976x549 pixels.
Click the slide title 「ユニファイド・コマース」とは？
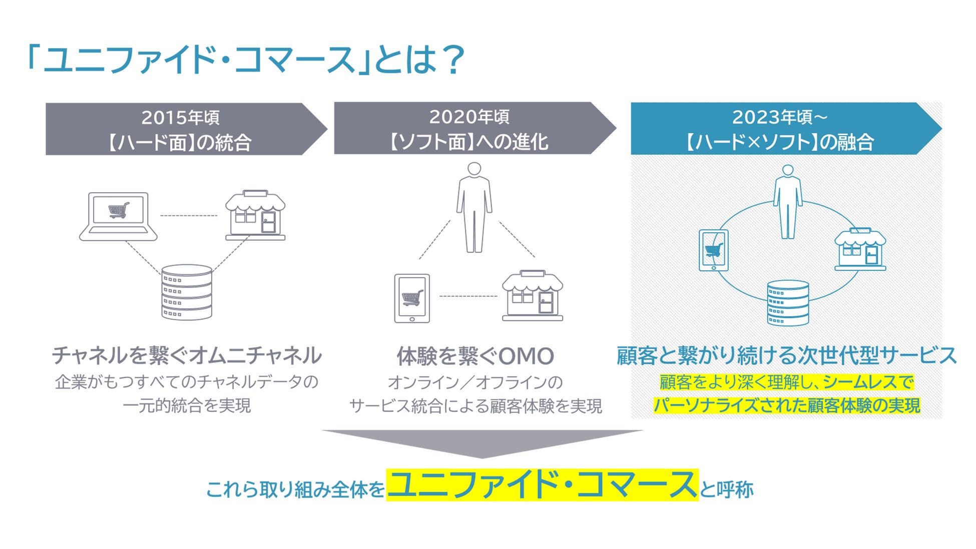[246, 60]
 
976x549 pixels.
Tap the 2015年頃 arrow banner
[186, 129]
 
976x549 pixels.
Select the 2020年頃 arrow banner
[475, 129]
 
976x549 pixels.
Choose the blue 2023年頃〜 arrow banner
[786, 129]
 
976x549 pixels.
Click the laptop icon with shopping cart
[118, 216]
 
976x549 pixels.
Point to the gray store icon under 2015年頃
[255, 215]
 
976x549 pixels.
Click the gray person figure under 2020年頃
[474, 207]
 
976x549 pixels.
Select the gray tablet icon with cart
[412, 298]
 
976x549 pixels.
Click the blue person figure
[788, 202]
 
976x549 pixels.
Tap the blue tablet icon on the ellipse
[714, 250]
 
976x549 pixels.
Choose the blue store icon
[860, 249]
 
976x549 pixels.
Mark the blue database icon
[788, 303]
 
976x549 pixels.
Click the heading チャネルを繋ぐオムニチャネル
[187, 355]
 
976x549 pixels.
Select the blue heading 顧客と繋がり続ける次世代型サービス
[787, 355]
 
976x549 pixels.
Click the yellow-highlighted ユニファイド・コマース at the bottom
[543, 485]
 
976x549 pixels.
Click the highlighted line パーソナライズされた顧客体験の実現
[787, 405]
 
